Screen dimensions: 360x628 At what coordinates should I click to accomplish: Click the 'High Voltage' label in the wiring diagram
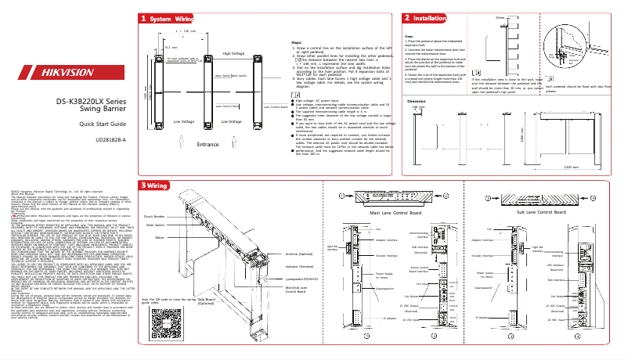(234, 53)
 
